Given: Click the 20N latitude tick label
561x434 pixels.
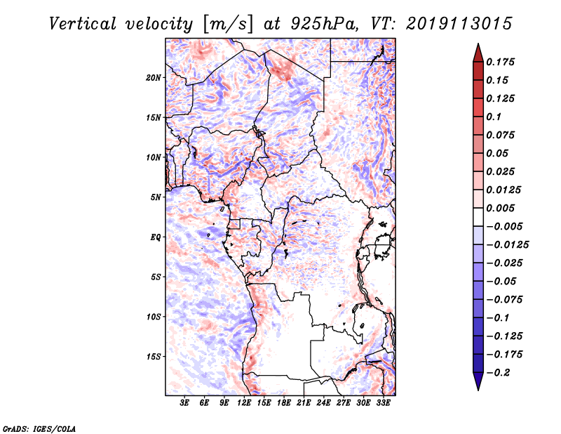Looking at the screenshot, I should (154, 77).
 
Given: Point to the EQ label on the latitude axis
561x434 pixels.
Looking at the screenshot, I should (155, 237).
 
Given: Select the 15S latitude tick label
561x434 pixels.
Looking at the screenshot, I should (154, 356).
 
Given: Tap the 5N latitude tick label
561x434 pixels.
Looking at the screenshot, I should (156, 197).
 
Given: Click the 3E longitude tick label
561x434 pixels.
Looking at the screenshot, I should (185, 403).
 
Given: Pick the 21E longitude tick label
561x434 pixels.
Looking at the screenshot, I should (304, 403).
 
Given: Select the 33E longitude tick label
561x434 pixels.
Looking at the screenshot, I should (384, 403).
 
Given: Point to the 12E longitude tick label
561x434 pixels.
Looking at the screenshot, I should (245, 403).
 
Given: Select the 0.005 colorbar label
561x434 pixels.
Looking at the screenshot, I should (502, 208).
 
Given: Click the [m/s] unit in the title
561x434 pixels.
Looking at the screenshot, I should (228, 23).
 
